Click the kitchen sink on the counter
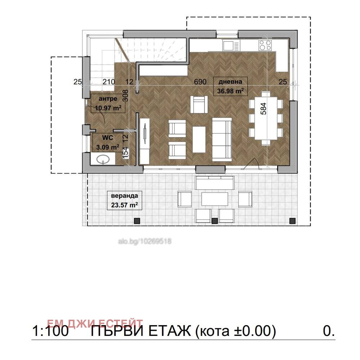tap(231, 46)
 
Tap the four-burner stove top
tap(265, 45)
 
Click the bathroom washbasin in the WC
tap(103, 159)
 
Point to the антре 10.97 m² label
tap(108, 104)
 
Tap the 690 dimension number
tap(200, 82)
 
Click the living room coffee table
tap(199, 139)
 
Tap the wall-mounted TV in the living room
tap(145, 133)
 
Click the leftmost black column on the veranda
tap(136, 221)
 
